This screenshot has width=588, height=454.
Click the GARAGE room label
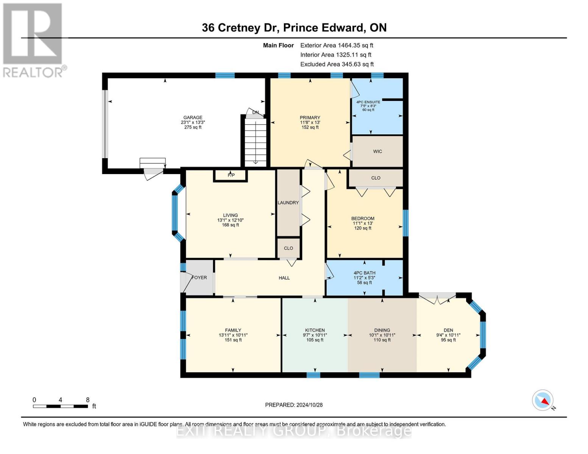point(193,117)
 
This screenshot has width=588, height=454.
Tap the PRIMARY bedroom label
point(310,117)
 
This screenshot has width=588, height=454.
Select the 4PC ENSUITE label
point(368,102)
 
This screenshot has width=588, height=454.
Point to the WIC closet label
point(377,151)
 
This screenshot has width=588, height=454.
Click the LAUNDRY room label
point(288,203)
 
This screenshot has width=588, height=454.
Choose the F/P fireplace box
point(231,175)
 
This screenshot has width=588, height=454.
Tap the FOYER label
point(199,278)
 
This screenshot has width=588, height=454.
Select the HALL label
point(284,278)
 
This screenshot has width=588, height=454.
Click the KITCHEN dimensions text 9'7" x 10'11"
point(315,335)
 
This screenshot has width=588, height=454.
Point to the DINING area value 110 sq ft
point(382,340)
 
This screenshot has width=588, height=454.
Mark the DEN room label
point(448,330)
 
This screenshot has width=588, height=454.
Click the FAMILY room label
point(233,330)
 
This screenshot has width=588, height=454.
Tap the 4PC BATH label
point(364,273)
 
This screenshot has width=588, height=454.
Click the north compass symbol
point(543,400)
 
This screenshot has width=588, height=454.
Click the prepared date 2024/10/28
point(294,405)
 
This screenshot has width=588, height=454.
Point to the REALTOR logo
point(33,40)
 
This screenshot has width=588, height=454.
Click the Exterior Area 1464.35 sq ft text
point(337,45)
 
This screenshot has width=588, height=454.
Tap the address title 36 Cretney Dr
point(240,28)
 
